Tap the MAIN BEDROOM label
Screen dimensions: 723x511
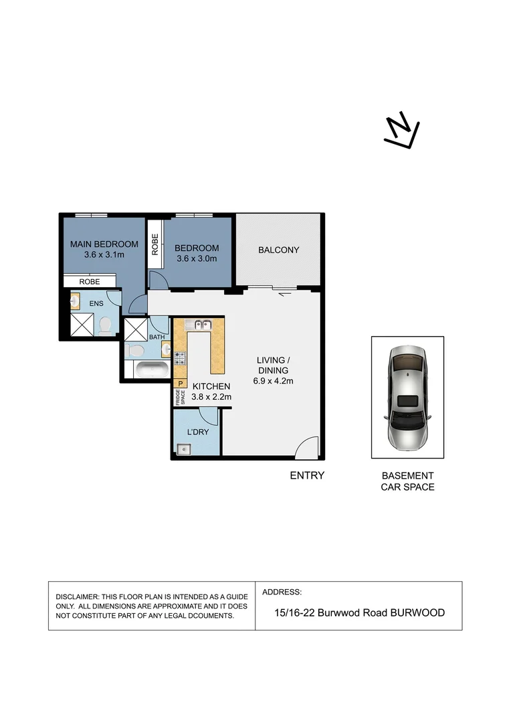(x=104, y=244)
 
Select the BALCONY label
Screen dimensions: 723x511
(x=278, y=250)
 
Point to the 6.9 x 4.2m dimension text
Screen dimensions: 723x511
(x=273, y=381)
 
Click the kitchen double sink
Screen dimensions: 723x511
(x=199, y=325)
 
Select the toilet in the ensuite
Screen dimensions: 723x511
(x=104, y=326)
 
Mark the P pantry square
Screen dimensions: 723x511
(x=179, y=383)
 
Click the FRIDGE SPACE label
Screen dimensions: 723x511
(x=179, y=396)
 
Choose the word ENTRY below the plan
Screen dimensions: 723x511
(x=307, y=475)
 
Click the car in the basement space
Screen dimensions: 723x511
(x=407, y=398)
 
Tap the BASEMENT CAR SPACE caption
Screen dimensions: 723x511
(x=407, y=481)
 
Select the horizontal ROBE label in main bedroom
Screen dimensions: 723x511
(x=89, y=282)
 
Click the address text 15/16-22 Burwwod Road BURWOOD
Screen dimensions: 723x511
(x=359, y=613)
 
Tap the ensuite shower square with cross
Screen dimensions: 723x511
(x=84, y=326)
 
